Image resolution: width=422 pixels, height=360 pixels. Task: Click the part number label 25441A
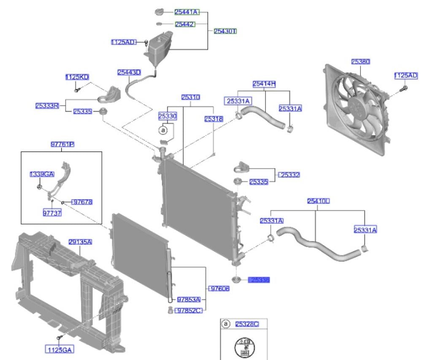[187, 12]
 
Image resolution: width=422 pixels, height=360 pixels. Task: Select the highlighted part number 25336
[260, 280]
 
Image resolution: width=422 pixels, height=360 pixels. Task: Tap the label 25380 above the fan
[360, 62]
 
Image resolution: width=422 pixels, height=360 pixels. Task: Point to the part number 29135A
[80, 242]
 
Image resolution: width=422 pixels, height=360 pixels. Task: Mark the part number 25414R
[264, 84]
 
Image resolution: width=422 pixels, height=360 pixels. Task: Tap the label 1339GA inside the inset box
[42, 174]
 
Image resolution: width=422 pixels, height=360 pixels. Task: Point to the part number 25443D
[129, 73]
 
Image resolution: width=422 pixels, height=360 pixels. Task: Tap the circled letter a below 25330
[163, 130]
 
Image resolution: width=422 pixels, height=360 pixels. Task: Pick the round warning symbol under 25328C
[244, 347]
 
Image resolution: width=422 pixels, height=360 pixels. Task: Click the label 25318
[214, 119]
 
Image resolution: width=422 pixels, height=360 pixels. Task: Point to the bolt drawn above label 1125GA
[60, 338]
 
